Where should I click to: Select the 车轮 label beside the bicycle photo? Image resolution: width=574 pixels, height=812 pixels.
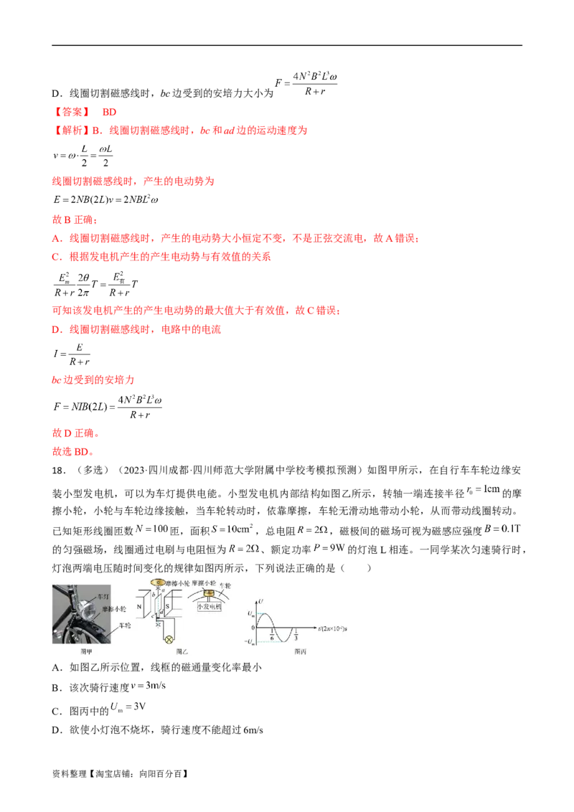[123, 626]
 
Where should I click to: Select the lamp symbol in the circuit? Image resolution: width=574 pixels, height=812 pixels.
[170, 639]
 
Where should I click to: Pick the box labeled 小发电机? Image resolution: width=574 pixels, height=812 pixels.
[211, 606]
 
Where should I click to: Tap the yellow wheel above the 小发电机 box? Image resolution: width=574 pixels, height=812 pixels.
[210, 595]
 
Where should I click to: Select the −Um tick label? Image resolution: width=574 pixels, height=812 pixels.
[249, 641]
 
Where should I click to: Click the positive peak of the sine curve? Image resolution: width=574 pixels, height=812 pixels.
[264, 613]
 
